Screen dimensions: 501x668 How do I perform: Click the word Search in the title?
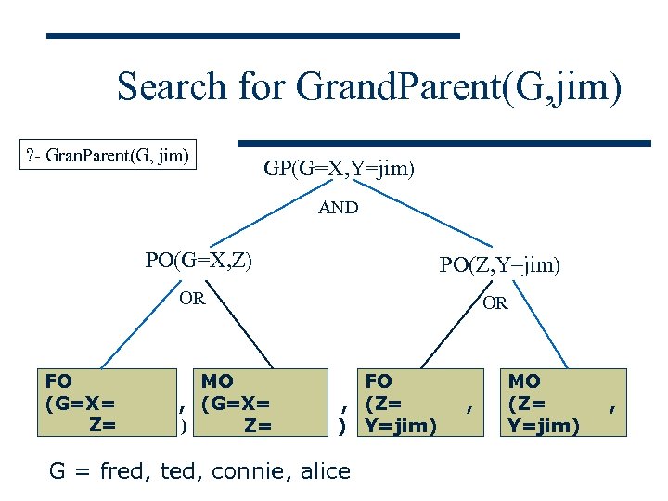172,87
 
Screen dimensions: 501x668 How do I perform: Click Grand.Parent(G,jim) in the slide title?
458,87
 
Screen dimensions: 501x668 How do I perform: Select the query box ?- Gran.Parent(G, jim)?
110,153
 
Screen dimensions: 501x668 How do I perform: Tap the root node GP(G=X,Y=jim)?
339,169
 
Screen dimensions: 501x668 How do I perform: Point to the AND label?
338,208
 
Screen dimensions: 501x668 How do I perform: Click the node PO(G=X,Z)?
199,260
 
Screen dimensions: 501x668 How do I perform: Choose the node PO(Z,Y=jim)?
499,265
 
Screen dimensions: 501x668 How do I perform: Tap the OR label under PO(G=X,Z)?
193,299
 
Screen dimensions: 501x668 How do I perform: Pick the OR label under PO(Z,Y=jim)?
495,303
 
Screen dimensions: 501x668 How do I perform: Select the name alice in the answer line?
325,471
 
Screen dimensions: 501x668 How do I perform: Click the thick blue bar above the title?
253,36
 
